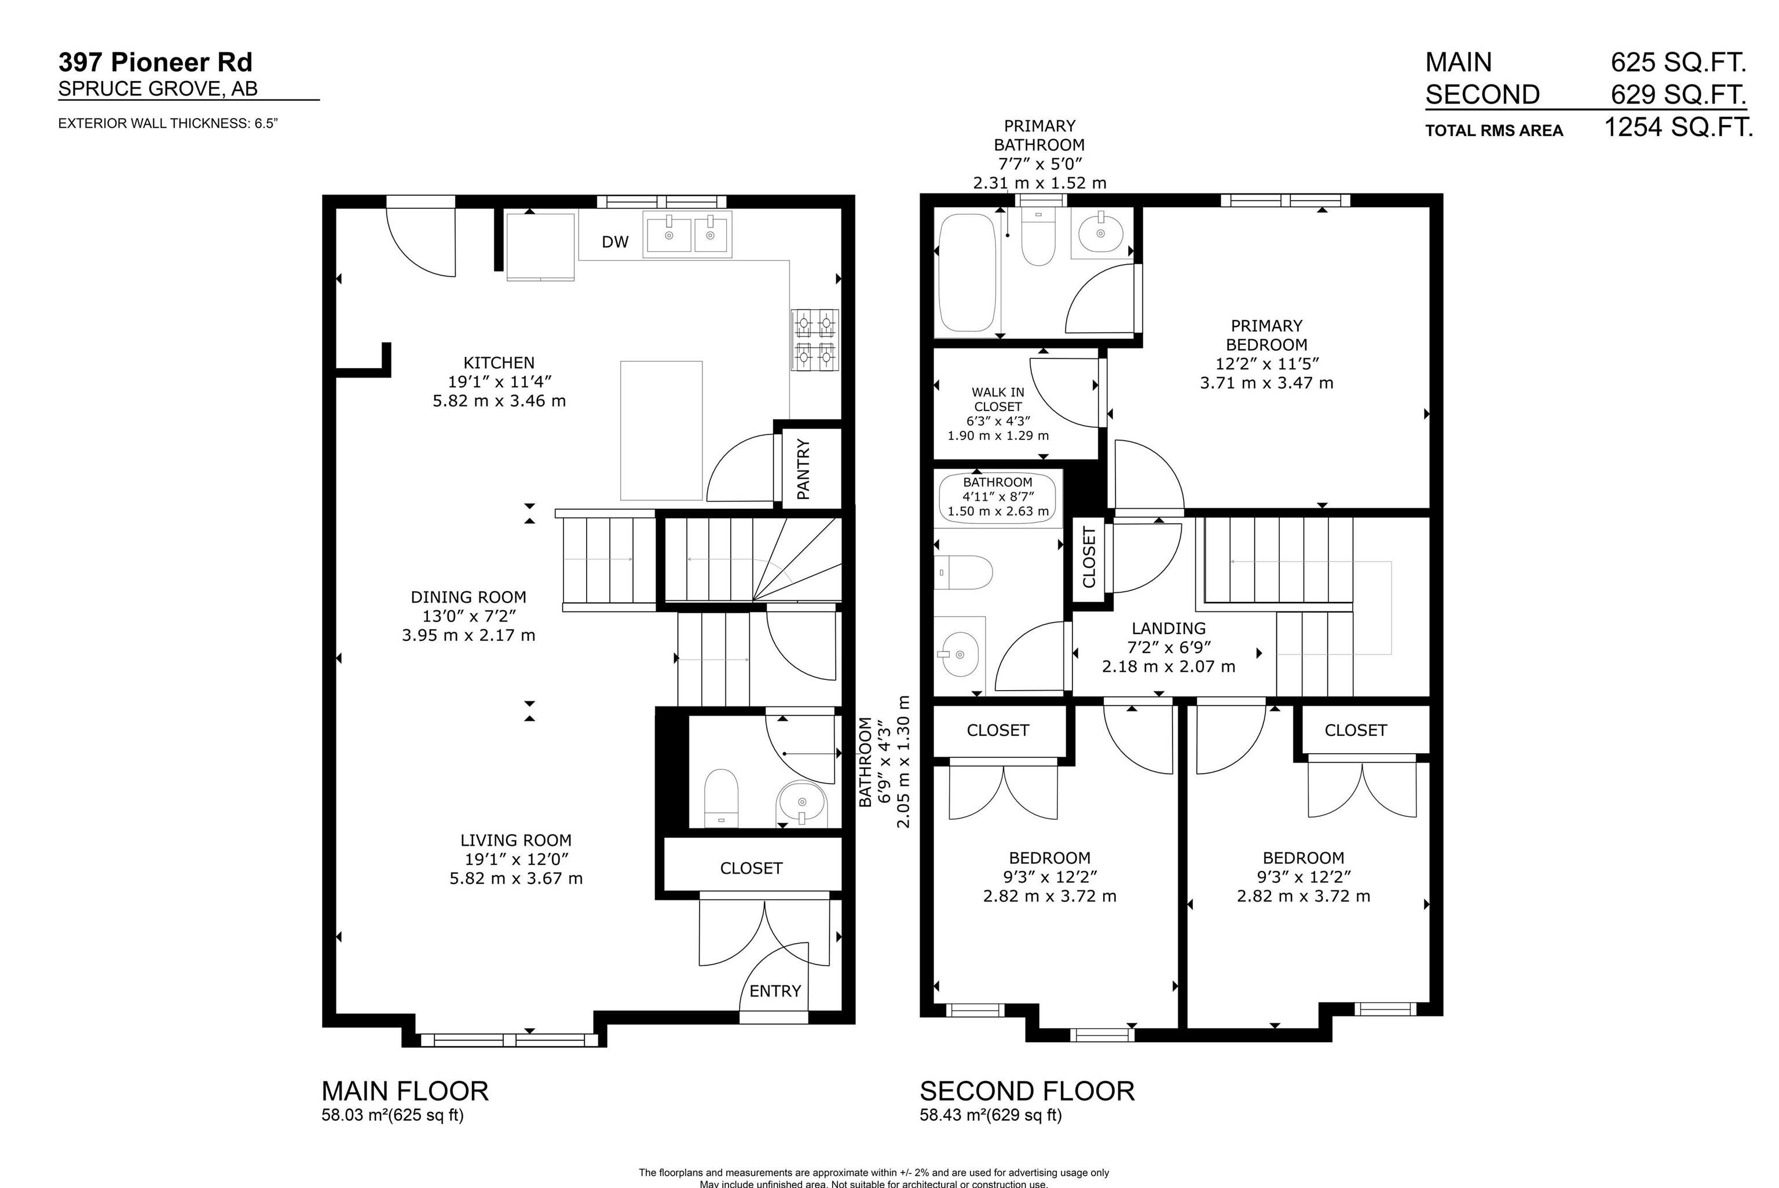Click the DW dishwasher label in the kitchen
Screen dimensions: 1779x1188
click(614, 241)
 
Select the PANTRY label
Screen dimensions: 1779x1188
click(804, 469)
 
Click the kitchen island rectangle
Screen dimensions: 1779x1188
click(661, 430)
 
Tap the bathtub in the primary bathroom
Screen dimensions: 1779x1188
click(967, 273)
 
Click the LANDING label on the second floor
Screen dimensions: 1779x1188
click(1168, 628)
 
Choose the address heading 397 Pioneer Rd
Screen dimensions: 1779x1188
click(155, 62)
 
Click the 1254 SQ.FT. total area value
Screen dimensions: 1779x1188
click(1679, 127)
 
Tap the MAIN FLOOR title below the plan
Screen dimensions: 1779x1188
click(405, 1091)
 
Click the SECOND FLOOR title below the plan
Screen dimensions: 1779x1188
click(1027, 1091)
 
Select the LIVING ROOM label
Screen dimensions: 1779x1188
click(516, 840)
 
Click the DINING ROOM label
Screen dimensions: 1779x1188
click(468, 597)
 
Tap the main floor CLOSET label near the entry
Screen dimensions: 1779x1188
click(751, 868)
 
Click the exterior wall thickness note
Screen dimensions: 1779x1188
click(168, 123)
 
